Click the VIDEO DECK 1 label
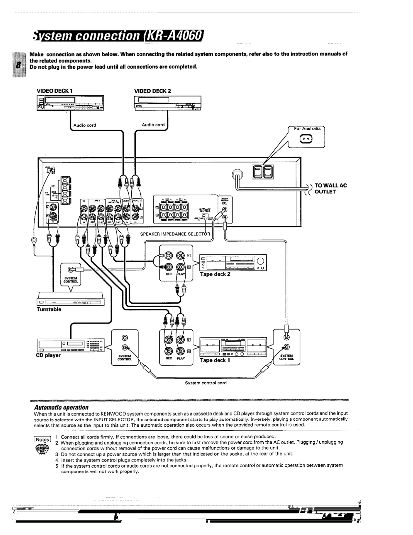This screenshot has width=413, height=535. click(54, 91)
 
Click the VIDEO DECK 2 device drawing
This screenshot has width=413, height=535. click(167, 103)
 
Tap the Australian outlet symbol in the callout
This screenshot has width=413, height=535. click(306, 139)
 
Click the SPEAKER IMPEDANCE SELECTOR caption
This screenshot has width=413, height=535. click(175, 234)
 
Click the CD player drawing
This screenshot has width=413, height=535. click(70, 345)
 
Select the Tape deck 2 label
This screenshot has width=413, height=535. click(215, 274)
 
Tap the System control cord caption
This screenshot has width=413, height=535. click(206, 383)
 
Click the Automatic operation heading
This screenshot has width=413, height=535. click(61, 407)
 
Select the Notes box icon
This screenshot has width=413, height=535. click(42, 439)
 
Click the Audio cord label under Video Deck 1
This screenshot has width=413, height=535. click(85, 125)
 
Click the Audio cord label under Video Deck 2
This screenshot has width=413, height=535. click(153, 125)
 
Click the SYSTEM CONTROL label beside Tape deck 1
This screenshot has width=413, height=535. click(286, 357)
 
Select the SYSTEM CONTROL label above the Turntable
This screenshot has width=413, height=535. click(71, 280)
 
